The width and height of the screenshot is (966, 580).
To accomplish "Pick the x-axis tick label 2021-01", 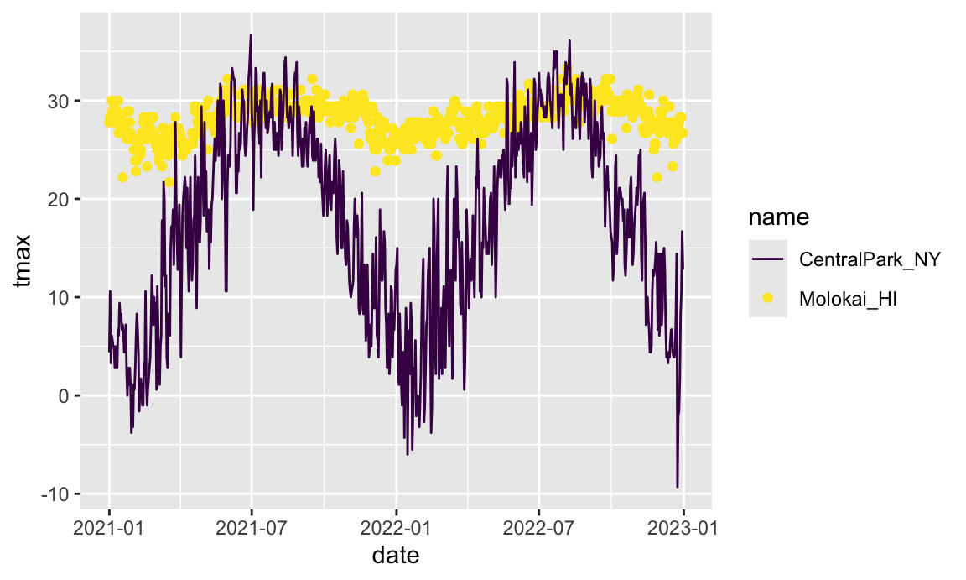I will pos(109,528).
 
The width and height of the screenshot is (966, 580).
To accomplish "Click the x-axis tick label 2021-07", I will pos(252,528).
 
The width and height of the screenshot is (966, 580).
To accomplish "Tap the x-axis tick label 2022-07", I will pos(538,528).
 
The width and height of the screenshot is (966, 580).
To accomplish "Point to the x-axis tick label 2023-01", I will pos(683,528).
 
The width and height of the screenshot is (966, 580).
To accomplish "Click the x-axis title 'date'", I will pos(396,556).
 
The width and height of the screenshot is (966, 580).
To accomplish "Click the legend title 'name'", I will pos(779,218).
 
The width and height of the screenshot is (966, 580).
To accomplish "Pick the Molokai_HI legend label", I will pos(848,298).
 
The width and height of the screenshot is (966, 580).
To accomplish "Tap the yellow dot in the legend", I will pos(767,298).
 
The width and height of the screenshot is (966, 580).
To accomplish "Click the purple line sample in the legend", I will pos(767,259).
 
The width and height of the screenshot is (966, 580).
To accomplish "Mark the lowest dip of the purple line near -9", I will pos(678,487).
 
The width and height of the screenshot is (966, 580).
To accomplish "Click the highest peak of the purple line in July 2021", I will pos(251,35).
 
